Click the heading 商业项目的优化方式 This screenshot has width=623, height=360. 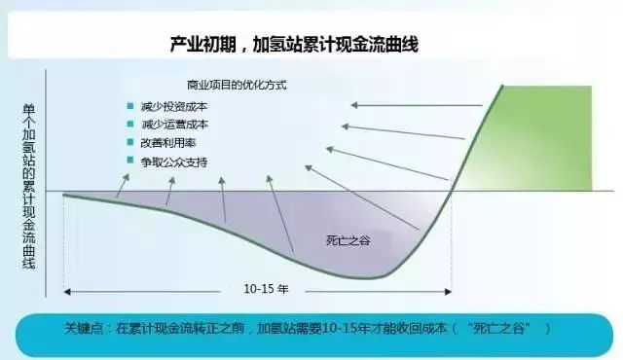point(231,85)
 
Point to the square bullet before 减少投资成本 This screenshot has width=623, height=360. point(128,105)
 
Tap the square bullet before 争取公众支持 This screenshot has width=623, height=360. point(128,159)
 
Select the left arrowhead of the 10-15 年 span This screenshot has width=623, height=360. point(68,289)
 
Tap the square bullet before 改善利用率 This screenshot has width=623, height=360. point(128,141)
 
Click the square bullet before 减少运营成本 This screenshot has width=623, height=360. point(128,124)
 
